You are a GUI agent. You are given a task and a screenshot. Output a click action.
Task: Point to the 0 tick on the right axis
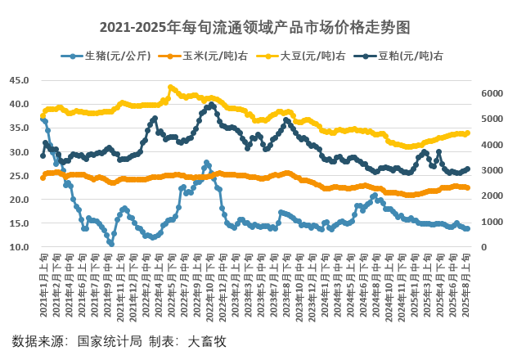483,247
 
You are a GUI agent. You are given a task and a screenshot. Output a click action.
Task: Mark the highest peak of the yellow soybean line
171,87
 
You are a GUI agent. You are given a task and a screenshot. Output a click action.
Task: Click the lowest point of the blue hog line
110,243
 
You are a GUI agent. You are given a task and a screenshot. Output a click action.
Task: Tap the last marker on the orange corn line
467,188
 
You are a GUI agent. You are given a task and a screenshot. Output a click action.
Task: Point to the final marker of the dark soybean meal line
467,169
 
